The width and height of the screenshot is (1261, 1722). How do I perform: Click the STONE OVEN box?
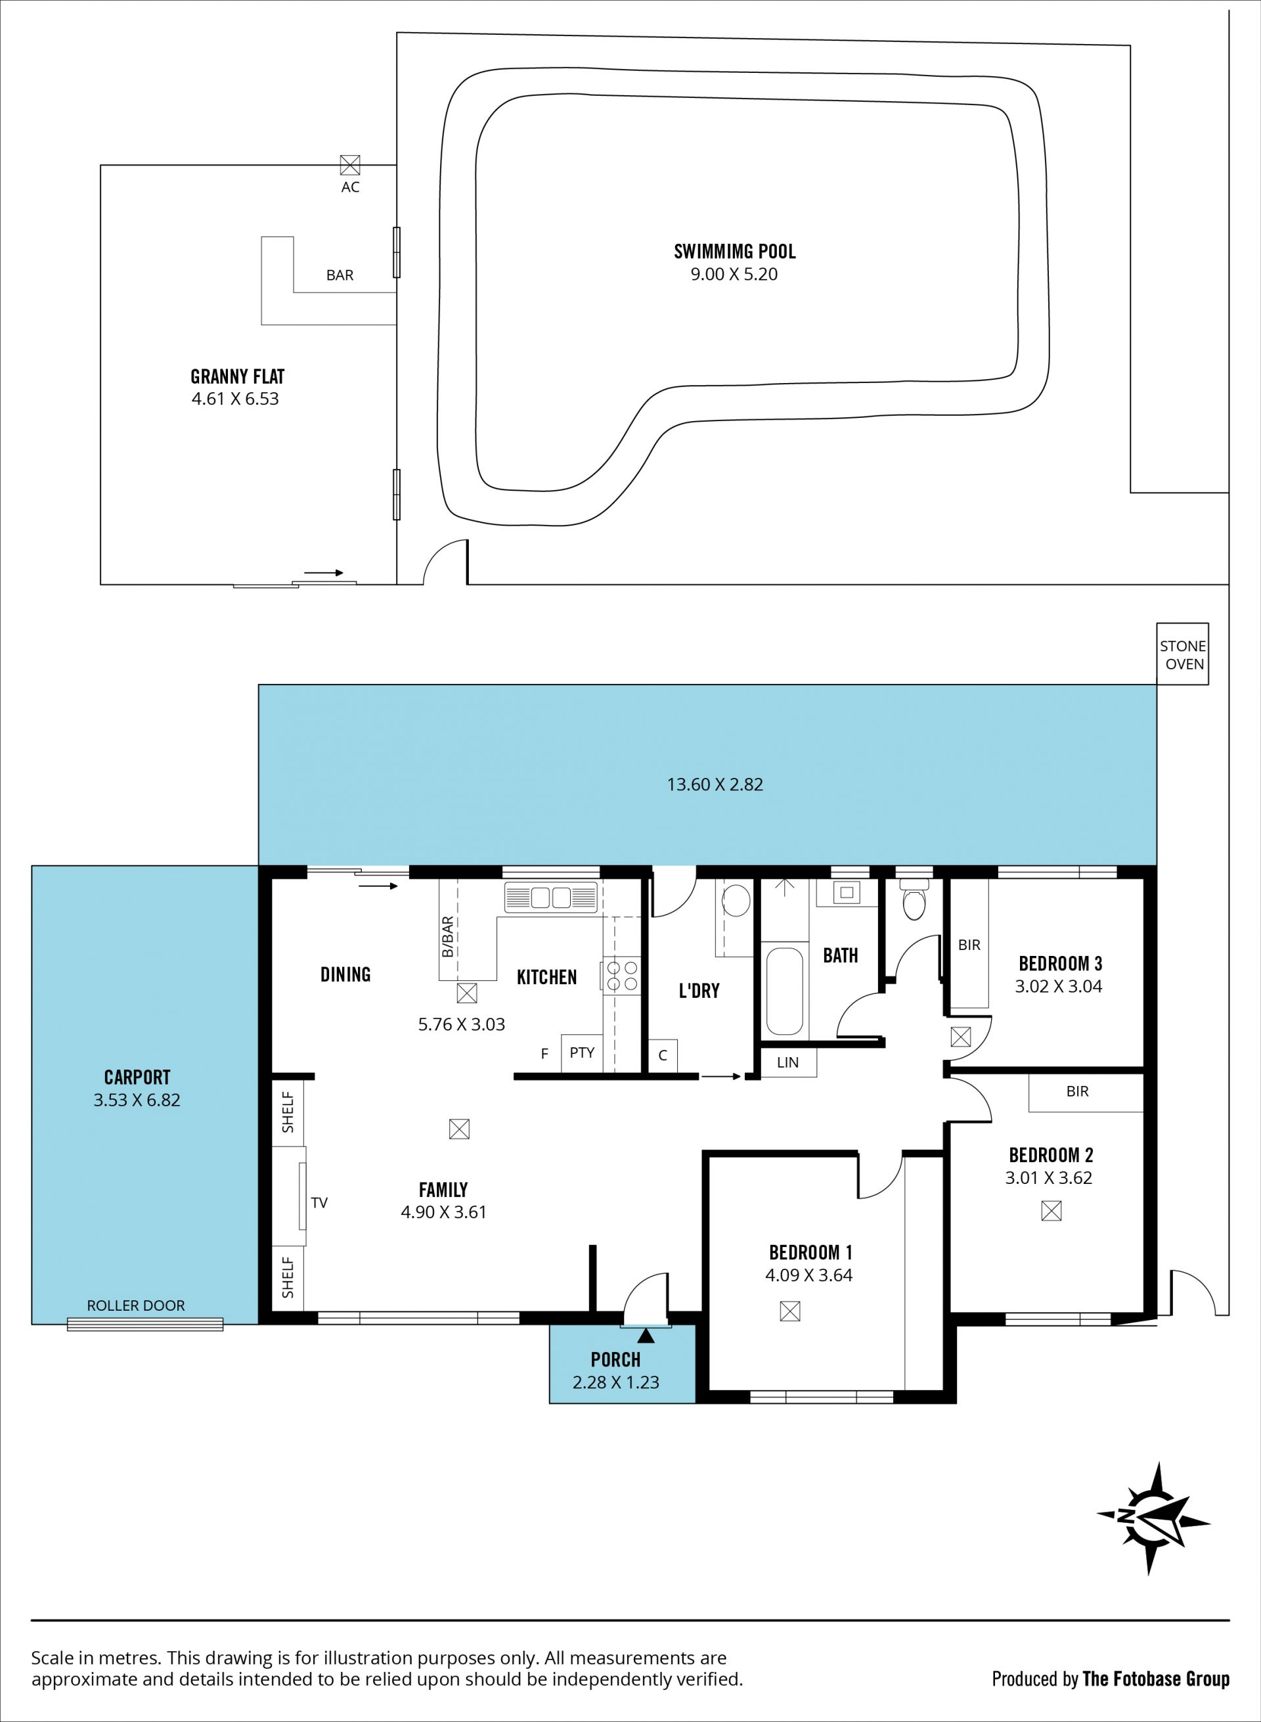(1182, 654)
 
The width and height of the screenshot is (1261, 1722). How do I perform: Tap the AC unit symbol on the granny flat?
(349, 165)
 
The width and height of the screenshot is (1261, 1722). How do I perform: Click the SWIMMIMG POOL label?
(734, 251)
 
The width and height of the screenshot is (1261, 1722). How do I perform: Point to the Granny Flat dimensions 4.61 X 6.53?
(235, 399)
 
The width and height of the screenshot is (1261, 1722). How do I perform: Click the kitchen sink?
(550, 897)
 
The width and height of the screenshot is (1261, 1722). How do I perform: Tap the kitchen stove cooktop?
(623, 975)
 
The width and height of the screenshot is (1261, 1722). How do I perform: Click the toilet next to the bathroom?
(914, 899)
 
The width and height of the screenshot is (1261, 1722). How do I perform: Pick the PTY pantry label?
(582, 1053)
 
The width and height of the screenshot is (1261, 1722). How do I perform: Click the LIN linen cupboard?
(787, 1062)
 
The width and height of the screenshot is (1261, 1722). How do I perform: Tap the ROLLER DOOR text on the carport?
(136, 1305)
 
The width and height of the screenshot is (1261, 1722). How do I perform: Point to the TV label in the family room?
(319, 1203)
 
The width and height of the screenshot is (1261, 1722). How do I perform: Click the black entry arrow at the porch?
(646, 1336)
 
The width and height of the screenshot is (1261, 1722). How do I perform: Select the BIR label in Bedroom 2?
(1077, 1091)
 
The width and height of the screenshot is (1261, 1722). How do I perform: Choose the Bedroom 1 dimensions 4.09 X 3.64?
(808, 1275)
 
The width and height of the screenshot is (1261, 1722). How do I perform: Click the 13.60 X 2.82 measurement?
(715, 784)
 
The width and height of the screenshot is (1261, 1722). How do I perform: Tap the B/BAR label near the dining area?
(447, 937)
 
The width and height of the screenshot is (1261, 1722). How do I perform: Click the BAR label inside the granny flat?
(340, 275)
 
